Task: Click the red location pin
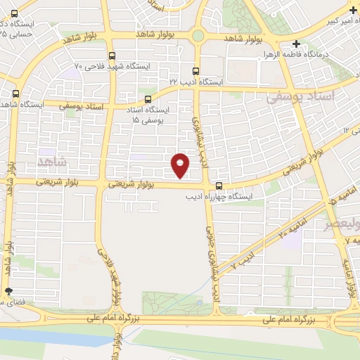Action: click(x=181, y=165)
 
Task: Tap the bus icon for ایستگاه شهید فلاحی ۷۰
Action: click(x=112, y=56)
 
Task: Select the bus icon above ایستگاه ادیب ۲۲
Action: click(x=195, y=71)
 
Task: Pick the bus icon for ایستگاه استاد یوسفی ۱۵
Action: click(x=148, y=98)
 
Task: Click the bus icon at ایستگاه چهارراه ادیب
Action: click(x=220, y=186)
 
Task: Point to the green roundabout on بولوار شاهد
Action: click(x=198, y=35)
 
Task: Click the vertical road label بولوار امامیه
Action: click(x=348, y=271)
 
